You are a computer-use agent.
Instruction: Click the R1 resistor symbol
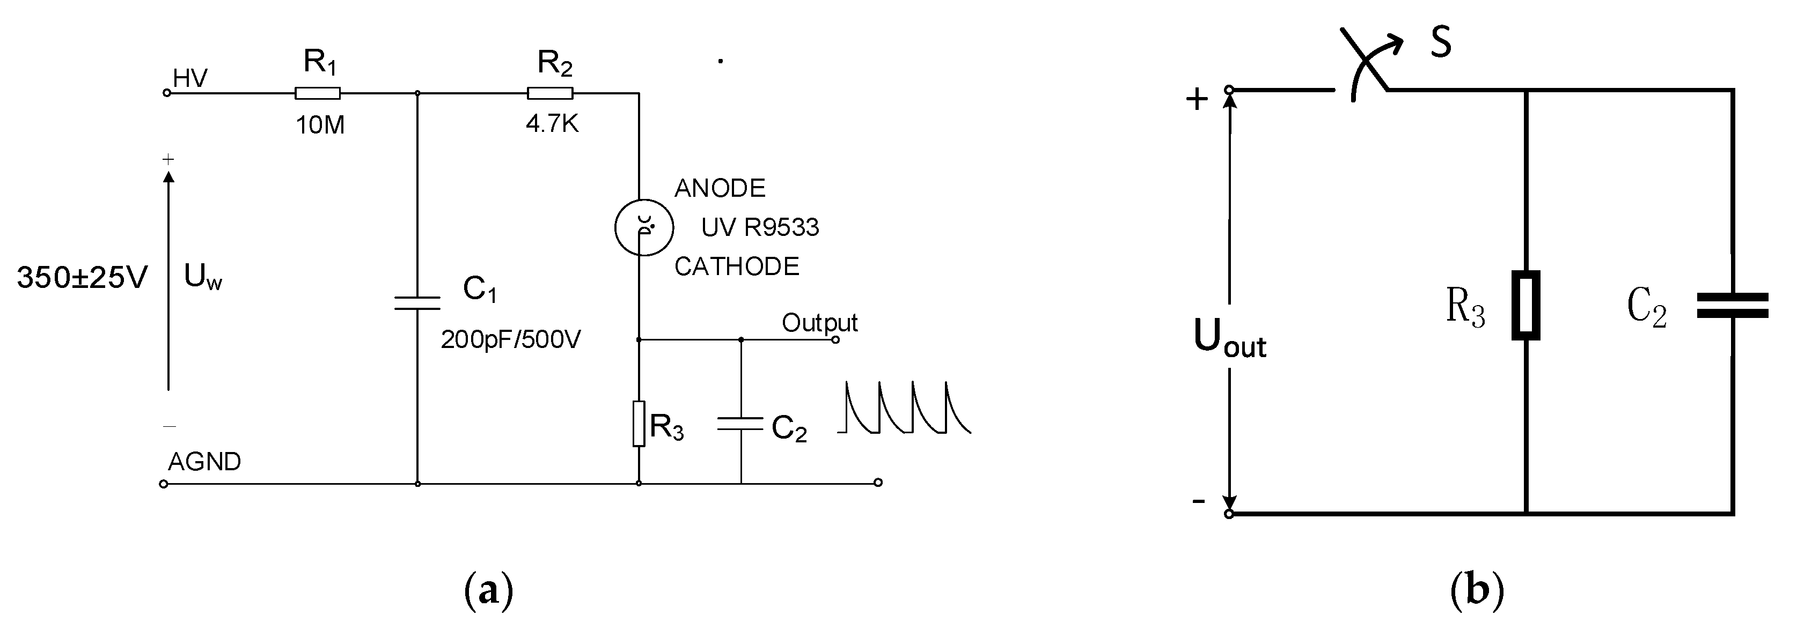coord(318,93)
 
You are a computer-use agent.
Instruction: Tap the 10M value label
coord(320,125)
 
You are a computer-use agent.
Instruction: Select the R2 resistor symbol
coord(551,93)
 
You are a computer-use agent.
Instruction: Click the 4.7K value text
coord(552,124)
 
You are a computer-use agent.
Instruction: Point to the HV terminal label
coord(190,78)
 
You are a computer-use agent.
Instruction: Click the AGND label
coord(204,461)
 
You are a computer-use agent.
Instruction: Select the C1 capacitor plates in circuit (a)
coord(417,302)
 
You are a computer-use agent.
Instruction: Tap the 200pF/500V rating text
coord(511,339)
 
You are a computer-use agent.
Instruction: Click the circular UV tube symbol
coord(643,227)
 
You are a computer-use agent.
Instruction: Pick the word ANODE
coord(719,188)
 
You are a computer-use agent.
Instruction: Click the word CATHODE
coord(736,267)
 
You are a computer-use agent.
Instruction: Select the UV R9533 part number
coord(760,227)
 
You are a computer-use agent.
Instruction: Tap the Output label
coord(819,323)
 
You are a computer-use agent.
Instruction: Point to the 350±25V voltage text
coord(82,277)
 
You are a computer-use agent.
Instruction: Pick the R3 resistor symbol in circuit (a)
coord(639,423)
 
